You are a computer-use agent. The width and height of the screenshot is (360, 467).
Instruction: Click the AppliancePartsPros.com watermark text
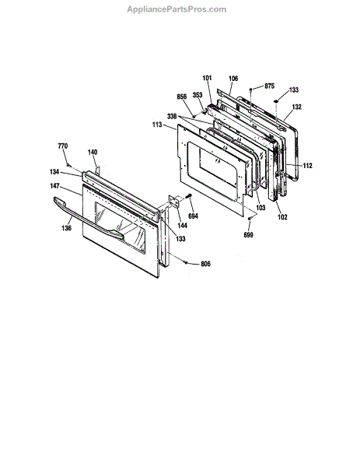177,9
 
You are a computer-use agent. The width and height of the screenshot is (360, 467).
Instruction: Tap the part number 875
269,86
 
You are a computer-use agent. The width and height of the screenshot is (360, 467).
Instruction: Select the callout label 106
233,79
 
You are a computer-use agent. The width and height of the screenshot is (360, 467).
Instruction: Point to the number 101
207,78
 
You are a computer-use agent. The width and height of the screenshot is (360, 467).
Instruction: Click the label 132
296,107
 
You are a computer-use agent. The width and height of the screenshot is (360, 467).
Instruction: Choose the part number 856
181,97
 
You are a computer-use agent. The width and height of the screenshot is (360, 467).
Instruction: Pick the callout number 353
197,95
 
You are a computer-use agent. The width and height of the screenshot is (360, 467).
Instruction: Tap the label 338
172,117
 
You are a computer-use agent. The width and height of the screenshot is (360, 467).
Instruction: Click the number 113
157,125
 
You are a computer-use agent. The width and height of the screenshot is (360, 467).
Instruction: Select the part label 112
308,166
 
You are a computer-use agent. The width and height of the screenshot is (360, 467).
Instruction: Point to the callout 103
260,207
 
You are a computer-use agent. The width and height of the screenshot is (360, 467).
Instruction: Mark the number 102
282,217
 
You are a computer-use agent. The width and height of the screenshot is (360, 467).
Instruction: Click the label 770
63,146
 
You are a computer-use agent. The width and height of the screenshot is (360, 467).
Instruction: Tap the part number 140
93,153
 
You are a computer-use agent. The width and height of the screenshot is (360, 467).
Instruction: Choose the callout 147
54,186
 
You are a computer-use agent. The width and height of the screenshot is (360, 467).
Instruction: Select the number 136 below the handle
66,228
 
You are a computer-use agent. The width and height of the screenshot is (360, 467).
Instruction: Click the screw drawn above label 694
189,196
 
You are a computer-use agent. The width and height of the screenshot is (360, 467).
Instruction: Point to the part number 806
205,264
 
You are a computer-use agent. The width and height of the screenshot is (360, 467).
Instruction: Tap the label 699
249,235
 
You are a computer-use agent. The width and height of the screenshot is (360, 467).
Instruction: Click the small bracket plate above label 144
174,202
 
